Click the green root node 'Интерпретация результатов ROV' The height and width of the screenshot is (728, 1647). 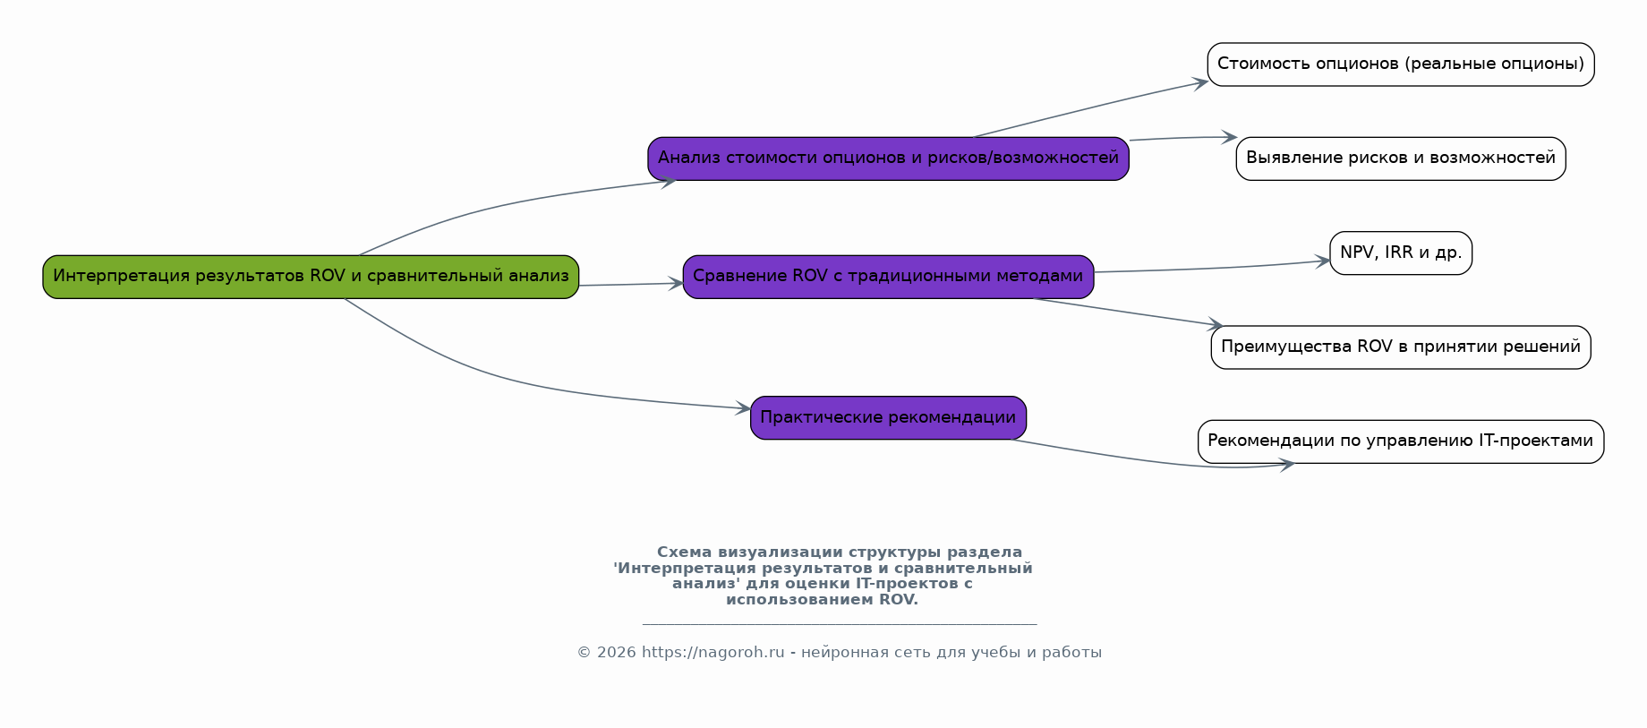pyautogui.click(x=311, y=277)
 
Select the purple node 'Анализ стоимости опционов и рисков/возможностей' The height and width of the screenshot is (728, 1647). pyautogui.click(x=888, y=158)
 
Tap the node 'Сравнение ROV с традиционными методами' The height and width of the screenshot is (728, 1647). pyautogui.click(x=888, y=277)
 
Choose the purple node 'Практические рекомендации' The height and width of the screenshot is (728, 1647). pyautogui.click(x=888, y=418)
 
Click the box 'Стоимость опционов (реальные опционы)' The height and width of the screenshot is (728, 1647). pyautogui.click(x=1400, y=64)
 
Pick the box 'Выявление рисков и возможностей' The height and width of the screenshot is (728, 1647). pyautogui.click(x=1400, y=158)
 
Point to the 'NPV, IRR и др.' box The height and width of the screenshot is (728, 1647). pyautogui.click(x=1400, y=253)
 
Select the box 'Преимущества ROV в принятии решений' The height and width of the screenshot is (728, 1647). pyautogui.click(x=1400, y=347)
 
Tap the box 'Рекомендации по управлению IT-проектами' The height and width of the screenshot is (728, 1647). pyautogui.click(x=1400, y=441)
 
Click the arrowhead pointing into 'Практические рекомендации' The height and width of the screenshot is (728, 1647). pyautogui.click(x=743, y=408)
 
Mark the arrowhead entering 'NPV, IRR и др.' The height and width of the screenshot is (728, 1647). pyautogui.click(x=1323, y=261)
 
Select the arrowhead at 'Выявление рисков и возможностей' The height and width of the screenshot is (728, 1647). pyautogui.click(x=1229, y=137)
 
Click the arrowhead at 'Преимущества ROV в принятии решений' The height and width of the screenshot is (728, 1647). pyautogui.click(x=1216, y=324)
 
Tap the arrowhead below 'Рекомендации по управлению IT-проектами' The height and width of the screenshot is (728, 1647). pyautogui.click(x=1287, y=465)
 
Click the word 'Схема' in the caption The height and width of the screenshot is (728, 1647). pyautogui.click(x=685, y=552)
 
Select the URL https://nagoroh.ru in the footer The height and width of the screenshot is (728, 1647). pyautogui.click(x=713, y=653)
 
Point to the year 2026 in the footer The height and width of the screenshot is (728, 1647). pyautogui.click(x=616, y=653)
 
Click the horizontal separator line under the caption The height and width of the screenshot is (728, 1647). pyautogui.click(x=839, y=624)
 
